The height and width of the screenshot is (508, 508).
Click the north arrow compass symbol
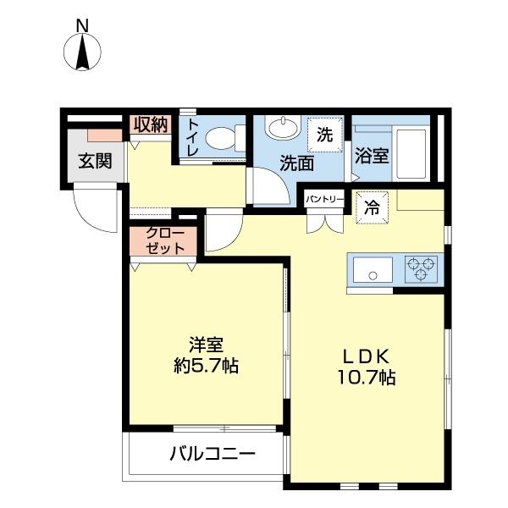pos(83,52)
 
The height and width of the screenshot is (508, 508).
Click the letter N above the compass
pos(83,25)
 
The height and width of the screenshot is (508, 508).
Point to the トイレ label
pos(192,138)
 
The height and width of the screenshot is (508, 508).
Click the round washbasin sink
pos(280,129)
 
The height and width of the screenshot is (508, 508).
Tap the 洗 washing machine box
pos(325,133)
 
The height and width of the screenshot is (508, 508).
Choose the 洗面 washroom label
pos(297,163)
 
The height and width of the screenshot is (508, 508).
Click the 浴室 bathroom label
pos(372,157)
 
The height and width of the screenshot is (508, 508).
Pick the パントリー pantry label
pos(325,200)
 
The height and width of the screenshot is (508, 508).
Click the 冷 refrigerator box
pos(372,206)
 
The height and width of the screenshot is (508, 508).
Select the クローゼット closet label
pos(163,241)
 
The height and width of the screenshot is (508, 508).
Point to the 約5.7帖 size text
pos(206,367)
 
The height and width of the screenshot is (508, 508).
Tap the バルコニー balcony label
pos(211,455)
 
